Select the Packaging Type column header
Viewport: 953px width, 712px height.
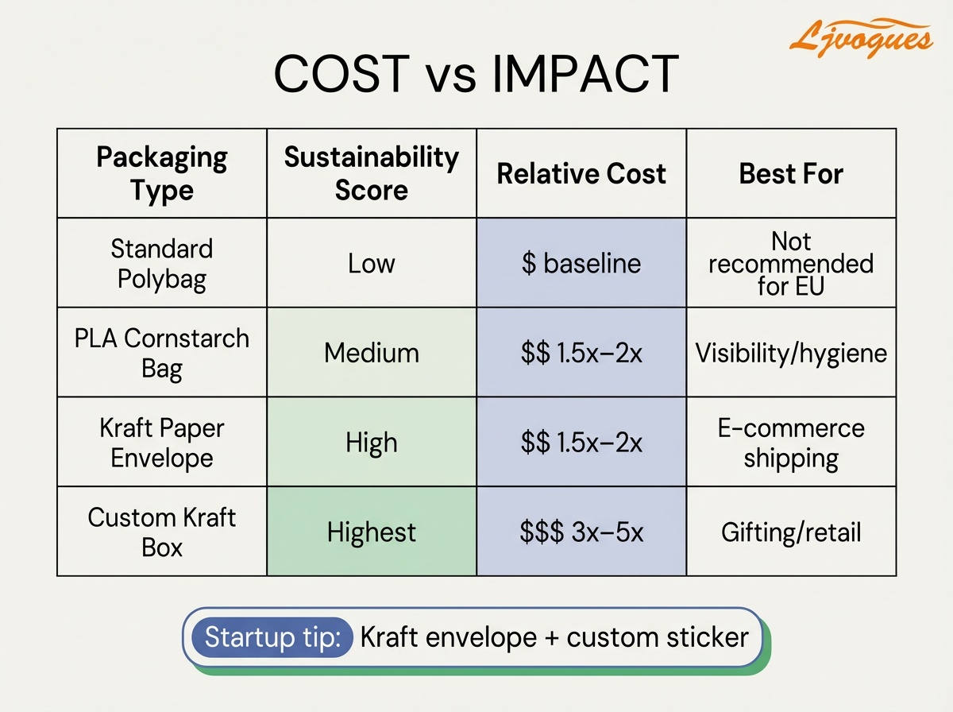coord(162,173)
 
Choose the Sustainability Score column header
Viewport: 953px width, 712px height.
coord(372,173)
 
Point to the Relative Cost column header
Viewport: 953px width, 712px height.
coord(581,174)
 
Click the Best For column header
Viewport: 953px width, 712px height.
coord(791,174)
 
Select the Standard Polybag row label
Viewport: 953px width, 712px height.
coord(162,264)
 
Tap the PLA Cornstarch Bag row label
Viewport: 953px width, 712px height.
coord(162,353)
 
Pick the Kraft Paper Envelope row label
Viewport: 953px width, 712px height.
coord(162,443)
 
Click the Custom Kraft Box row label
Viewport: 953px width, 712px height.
coord(162,532)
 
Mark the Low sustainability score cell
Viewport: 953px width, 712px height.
coord(372,264)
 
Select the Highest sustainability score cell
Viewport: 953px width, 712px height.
coord(372,532)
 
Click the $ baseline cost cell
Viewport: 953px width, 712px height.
coord(581,264)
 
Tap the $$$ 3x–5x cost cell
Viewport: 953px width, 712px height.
coord(581,532)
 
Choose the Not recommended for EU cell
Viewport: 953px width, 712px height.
coord(791,264)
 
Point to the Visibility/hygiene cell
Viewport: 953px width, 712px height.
coord(791,353)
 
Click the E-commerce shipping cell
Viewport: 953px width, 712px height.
coord(791,443)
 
